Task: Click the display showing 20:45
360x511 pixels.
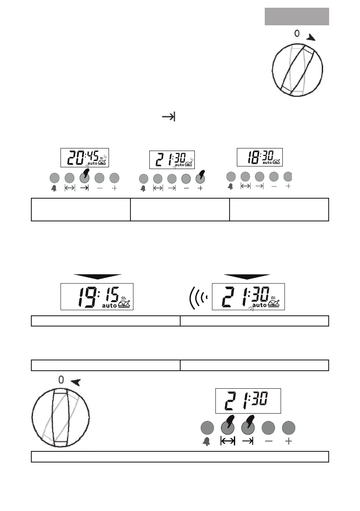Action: (85, 158)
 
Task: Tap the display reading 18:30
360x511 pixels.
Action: (260, 157)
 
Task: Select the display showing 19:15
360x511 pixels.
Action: (97, 296)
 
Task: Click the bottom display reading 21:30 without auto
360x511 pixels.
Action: (248, 401)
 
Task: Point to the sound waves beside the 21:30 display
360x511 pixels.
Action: (198, 298)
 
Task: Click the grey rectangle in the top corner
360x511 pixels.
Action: (297, 17)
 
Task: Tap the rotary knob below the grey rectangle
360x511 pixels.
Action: (297, 70)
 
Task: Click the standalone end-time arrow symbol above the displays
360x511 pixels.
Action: (169, 117)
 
